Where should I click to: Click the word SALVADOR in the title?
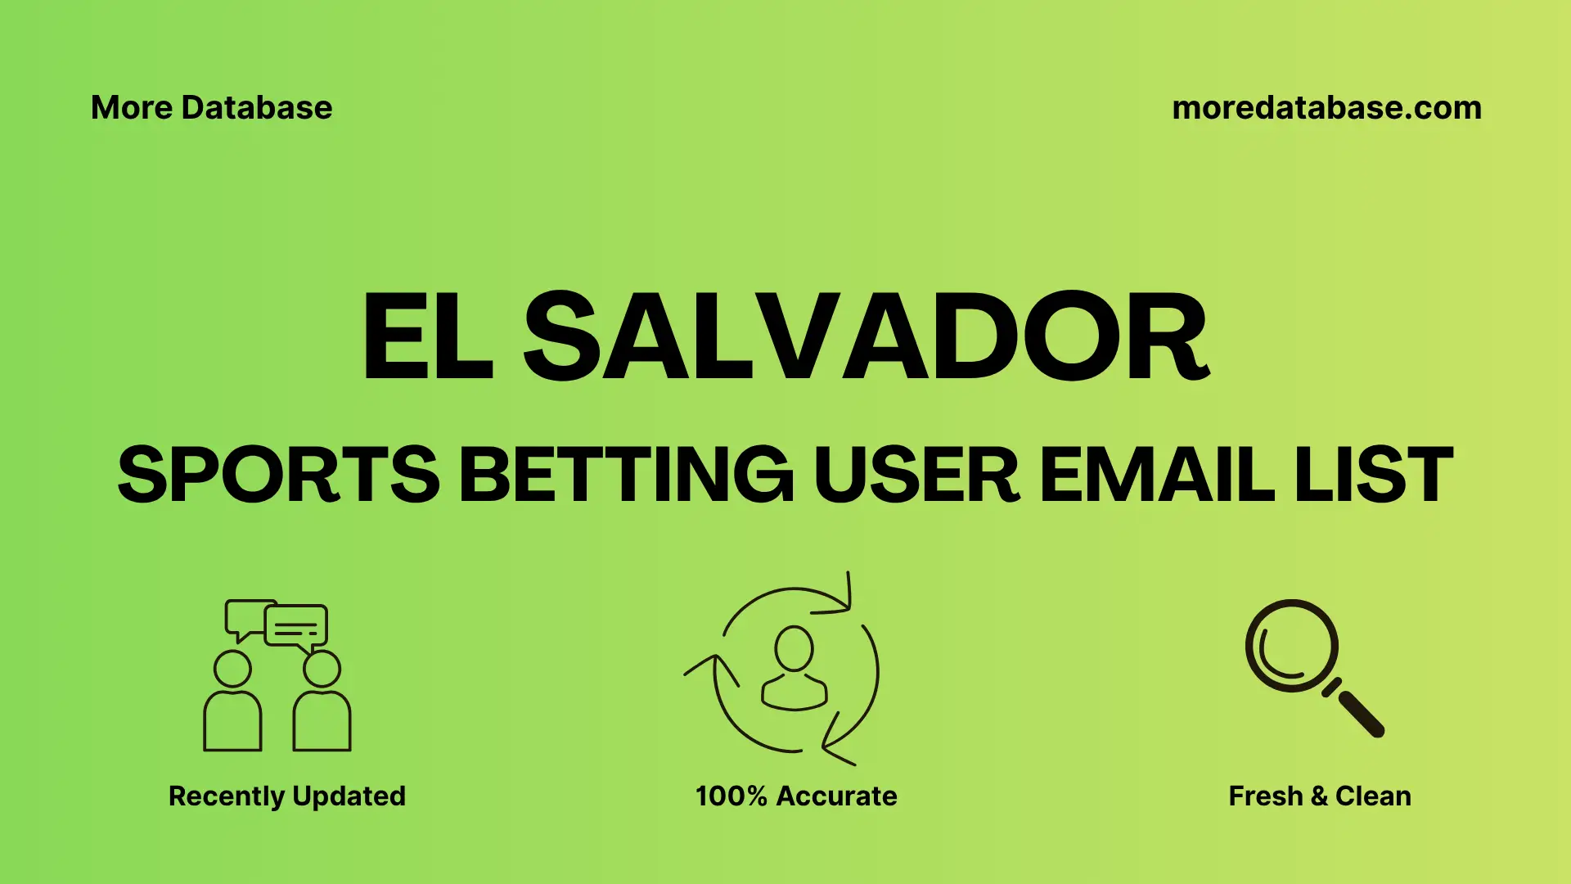coord(866,336)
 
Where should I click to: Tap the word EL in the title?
coord(428,336)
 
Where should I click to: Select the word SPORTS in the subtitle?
coord(279,474)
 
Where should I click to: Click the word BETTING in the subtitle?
coord(626,474)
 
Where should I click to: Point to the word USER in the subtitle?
coord(916,474)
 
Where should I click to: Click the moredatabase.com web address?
coord(1326,108)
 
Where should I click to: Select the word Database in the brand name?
coord(257,108)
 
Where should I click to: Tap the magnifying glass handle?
coord(1359,712)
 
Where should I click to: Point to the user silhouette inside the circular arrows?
coord(794,669)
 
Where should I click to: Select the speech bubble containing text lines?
coord(296,627)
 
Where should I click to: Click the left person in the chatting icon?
coord(232,704)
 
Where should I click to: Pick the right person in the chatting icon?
coord(322,704)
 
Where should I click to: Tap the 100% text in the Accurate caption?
coord(731,796)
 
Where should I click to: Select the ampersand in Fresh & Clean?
coord(1318,796)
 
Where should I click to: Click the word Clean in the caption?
coord(1373,796)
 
